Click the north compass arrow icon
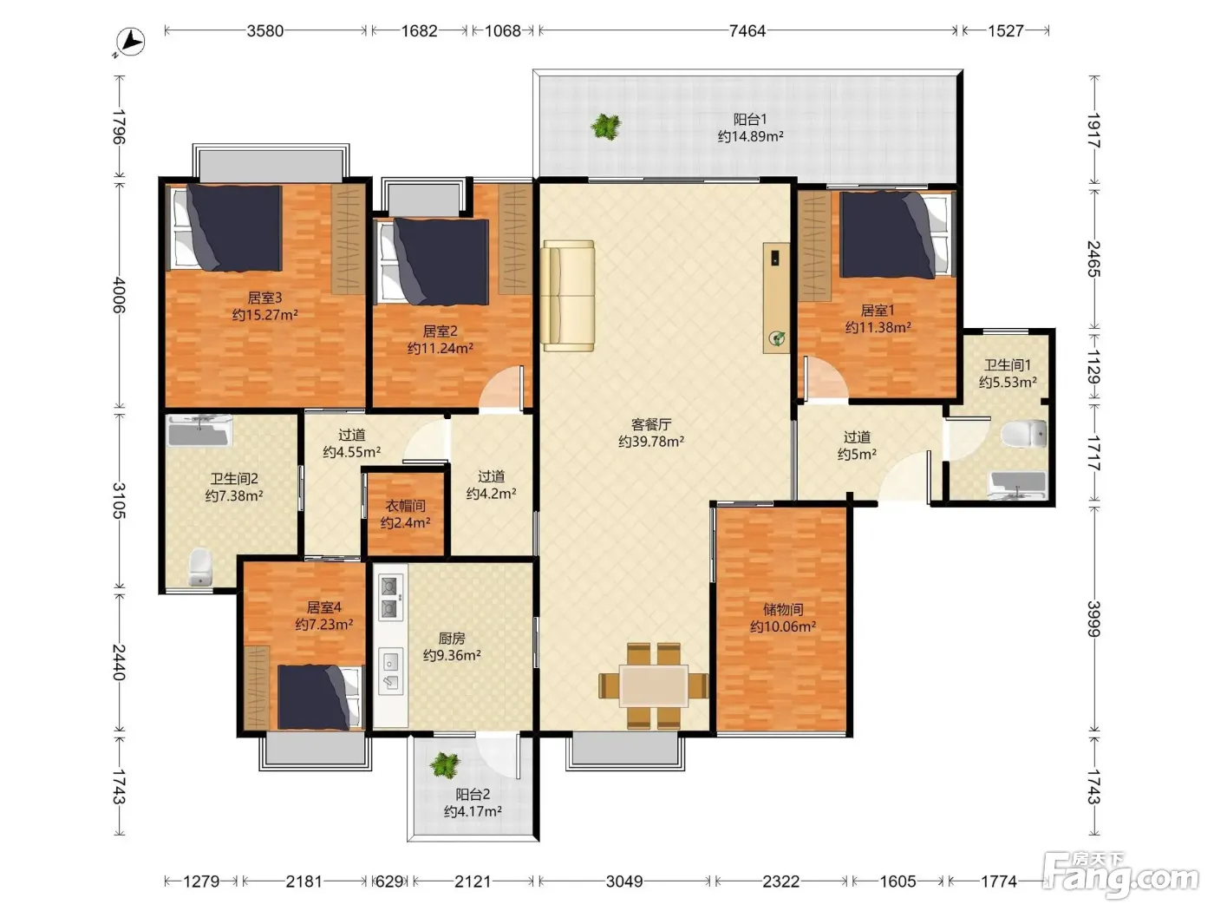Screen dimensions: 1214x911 (130, 43)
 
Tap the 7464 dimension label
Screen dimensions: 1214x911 (747, 31)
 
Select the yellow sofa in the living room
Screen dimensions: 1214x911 (568, 296)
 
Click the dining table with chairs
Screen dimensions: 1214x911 (653, 686)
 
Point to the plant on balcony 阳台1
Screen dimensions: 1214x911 (605, 127)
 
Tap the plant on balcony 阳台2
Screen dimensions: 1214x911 (445, 766)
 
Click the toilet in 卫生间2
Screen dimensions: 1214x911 (199, 567)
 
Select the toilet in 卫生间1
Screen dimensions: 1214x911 (1024, 434)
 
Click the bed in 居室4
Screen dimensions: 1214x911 (319, 697)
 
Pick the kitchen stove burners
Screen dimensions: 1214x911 (390, 598)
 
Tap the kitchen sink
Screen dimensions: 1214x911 (390, 672)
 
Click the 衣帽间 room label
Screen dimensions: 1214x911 (406, 506)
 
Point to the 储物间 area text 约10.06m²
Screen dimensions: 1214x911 (783, 626)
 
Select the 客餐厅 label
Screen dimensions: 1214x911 (651, 424)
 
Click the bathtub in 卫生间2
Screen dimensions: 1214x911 (199, 430)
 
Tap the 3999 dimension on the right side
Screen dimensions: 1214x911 (1093, 619)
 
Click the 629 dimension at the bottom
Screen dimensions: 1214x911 (388, 882)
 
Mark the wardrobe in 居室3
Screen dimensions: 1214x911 (349, 239)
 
